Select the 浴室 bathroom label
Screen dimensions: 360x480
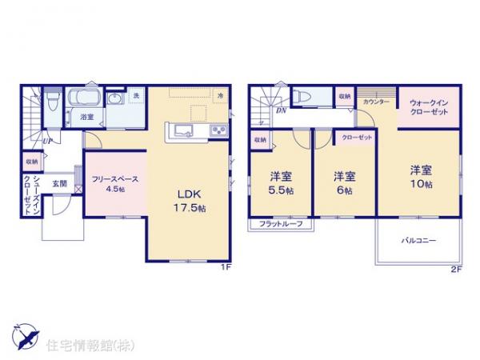click(86, 117)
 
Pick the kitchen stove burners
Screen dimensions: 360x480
click(218, 130)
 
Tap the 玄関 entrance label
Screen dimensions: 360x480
click(60, 184)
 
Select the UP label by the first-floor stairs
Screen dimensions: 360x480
click(48, 142)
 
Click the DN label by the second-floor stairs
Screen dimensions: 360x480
click(282, 113)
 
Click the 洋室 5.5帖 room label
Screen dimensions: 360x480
click(279, 182)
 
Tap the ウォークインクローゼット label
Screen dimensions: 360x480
click(428, 108)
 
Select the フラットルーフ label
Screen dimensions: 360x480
click(281, 225)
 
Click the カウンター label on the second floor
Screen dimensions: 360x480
click(376, 102)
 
